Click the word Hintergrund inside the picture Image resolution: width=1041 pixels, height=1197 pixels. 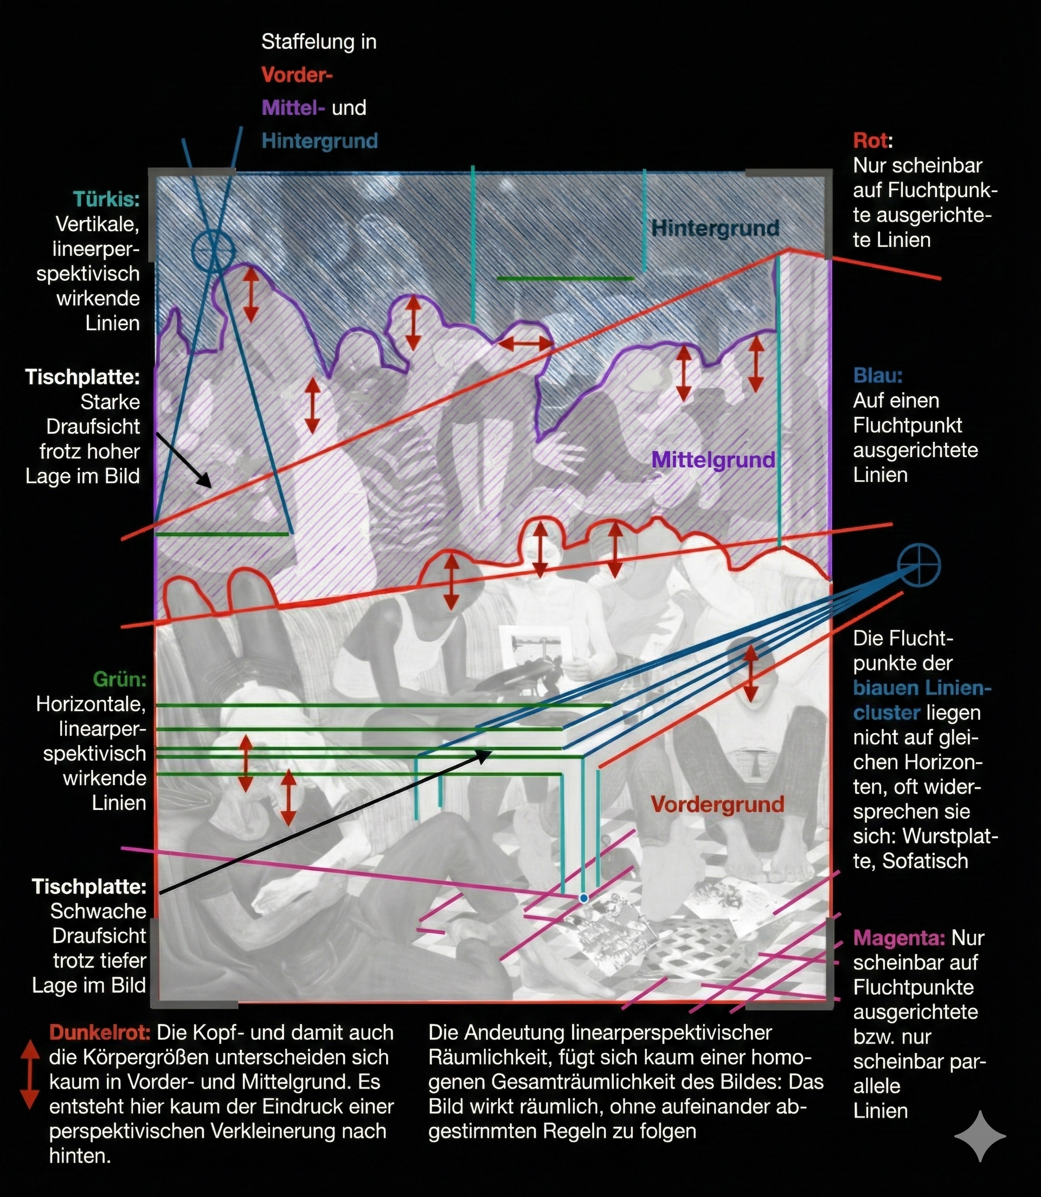(x=715, y=228)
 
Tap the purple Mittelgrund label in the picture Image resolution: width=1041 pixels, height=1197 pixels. (x=713, y=460)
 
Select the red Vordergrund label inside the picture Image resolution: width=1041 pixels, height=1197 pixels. (x=717, y=805)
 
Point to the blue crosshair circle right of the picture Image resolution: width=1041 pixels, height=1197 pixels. (x=918, y=565)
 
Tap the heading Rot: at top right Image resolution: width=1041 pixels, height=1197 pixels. (x=872, y=140)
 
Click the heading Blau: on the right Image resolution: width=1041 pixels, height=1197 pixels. (x=877, y=376)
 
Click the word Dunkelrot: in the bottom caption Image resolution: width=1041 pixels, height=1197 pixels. (x=99, y=1033)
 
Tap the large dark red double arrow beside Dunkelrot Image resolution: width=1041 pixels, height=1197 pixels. (x=30, y=1075)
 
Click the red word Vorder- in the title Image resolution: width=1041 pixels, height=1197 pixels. (x=296, y=75)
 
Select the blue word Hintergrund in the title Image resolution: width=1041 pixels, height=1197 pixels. (x=319, y=140)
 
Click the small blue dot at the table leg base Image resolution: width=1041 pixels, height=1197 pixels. (x=584, y=898)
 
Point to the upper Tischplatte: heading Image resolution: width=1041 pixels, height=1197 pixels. (x=82, y=377)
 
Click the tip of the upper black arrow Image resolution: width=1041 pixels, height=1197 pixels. (x=210, y=486)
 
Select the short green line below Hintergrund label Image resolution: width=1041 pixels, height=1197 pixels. (x=564, y=279)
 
